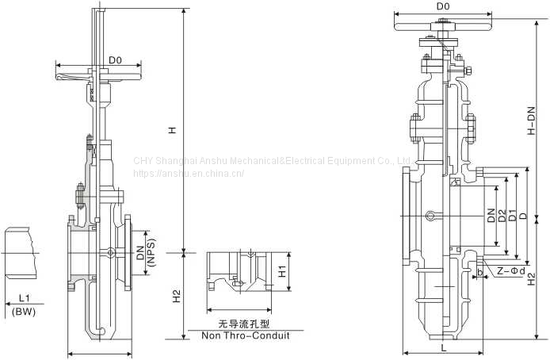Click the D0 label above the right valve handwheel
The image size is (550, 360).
click(443, 6)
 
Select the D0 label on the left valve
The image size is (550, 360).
click(115, 60)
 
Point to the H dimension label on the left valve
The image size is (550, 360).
click(172, 130)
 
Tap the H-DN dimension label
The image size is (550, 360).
click(532, 121)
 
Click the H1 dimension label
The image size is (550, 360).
click(282, 271)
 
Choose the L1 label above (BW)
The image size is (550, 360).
click(25, 299)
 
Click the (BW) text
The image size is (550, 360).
click(24, 311)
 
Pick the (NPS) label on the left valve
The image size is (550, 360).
click(151, 253)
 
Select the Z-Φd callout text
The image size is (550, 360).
click(511, 270)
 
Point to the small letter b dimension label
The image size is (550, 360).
click(480, 272)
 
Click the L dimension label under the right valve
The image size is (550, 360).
click(444, 348)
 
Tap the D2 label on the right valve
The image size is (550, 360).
click(502, 216)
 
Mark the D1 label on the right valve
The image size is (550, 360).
click(513, 216)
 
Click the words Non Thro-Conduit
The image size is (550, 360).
click(246, 335)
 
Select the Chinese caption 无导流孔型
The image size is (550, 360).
click(244, 324)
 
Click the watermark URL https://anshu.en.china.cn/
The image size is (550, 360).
click(189, 174)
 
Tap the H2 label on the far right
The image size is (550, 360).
click(532, 279)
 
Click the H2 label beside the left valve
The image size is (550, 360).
click(176, 296)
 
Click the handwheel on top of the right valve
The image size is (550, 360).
click(443, 27)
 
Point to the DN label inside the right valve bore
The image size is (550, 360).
click(491, 216)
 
